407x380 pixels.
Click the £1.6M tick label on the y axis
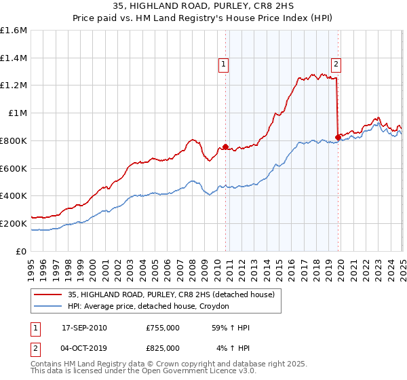click(x=14, y=31)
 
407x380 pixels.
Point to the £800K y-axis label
click(x=14, y=141)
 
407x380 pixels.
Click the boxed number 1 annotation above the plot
click(x=224, y=64)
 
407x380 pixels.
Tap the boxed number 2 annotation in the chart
click(x=336, y=64)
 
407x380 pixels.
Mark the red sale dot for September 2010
click(x=225, y=147)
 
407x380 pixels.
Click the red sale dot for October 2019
click(x=338, y=137)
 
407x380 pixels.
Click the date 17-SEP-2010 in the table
click(x=84, y=328)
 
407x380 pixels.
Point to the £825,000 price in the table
click(x=163, y=347)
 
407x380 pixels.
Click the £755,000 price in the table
click(x=163, y=328)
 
